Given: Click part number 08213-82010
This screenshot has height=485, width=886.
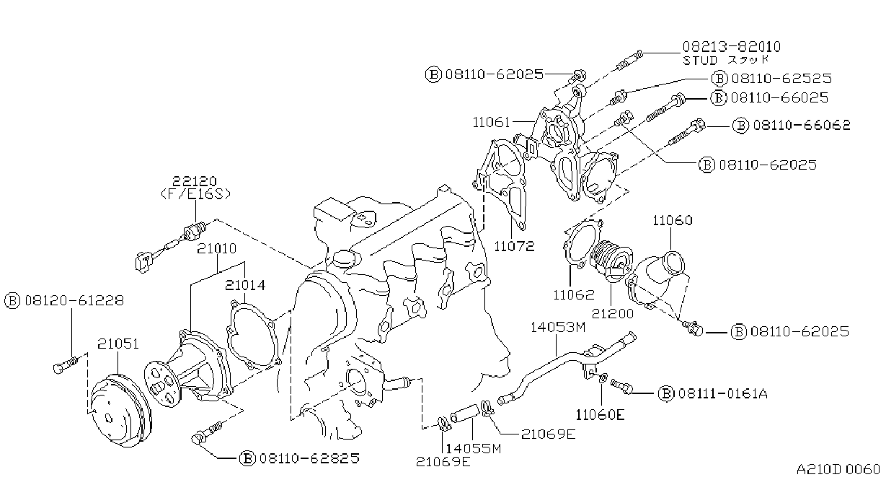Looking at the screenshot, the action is [x=731, y=47].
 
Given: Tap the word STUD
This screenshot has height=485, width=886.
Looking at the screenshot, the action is [x=700, y=61].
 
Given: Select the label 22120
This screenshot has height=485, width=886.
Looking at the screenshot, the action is [x=195, y=181].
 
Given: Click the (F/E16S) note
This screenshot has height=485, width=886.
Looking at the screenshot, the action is [x=195, y=194].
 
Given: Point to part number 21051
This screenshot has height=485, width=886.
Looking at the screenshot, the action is [x=118, y=344].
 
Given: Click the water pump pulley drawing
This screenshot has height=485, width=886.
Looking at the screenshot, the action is [x=119, y=409].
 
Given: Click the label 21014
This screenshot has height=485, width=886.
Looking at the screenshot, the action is [x=245, y=285].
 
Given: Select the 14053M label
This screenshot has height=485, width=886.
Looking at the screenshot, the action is [x=558, y=328].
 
